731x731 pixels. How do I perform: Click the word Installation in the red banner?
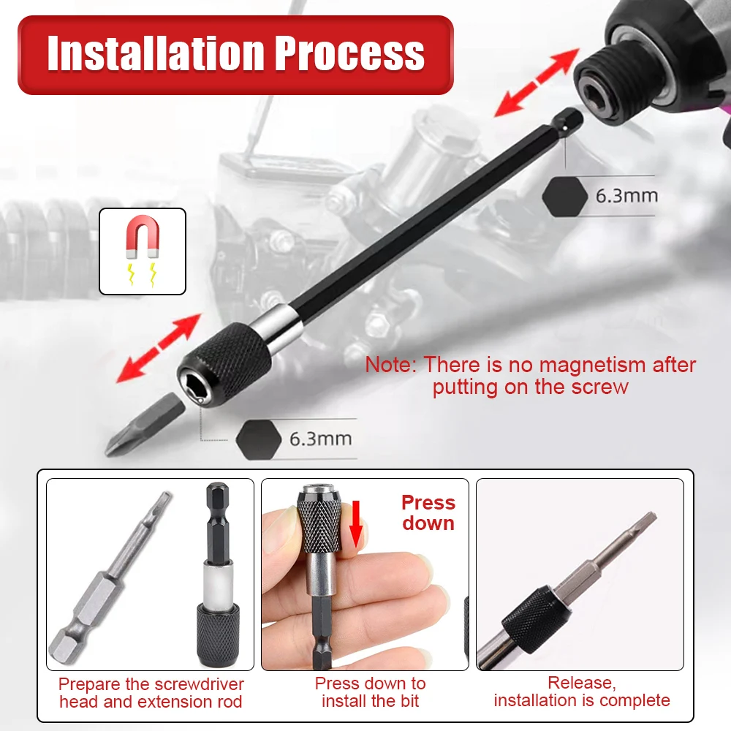156,53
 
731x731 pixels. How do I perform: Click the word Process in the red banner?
349,53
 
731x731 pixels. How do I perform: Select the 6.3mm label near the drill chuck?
626,195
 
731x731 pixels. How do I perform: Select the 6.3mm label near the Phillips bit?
321,439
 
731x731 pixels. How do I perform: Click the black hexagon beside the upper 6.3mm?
565,196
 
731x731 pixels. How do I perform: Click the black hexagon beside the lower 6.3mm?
259,439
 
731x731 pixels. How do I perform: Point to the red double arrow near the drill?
537,82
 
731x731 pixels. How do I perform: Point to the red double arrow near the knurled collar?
159,348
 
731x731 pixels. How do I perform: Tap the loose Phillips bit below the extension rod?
145,424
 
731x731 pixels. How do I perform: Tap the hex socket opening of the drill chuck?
598,95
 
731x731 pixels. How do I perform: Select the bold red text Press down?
428,513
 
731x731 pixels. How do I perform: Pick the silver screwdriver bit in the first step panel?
110,577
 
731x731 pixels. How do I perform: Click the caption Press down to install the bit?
370,692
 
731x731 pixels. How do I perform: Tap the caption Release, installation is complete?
582,692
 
